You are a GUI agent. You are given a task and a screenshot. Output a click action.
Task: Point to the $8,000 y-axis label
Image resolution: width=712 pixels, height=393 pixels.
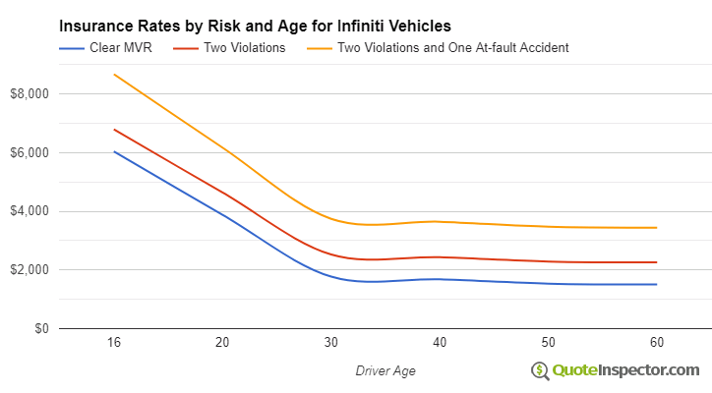coord(32,94)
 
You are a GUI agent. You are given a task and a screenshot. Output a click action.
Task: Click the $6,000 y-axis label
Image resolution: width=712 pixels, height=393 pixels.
coord(32,153)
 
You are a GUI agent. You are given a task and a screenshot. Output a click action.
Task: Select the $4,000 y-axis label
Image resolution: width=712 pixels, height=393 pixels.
coord(32,211)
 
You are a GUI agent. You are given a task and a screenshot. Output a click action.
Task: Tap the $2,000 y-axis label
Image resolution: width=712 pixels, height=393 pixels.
coord(32,270)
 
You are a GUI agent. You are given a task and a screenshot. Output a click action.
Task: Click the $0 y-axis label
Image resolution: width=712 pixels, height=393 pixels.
coord(42,329)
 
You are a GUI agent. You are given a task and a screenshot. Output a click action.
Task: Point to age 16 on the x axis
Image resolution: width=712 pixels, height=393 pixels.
coord(114,343)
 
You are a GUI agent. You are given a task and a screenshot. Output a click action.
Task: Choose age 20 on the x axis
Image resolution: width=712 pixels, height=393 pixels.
coord(222,343)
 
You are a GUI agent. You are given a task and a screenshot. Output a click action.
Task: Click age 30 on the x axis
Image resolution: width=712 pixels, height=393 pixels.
coord(331,343)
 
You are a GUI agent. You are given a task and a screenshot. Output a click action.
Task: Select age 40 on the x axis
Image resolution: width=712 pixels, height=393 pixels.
coord(440,343)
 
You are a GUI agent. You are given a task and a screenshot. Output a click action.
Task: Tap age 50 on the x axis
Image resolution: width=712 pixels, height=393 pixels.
coord(549,343)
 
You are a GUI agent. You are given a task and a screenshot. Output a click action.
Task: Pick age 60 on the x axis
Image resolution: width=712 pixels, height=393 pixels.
coord(657,343)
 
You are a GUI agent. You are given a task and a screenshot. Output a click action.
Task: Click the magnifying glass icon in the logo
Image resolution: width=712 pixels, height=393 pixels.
coord(540,370)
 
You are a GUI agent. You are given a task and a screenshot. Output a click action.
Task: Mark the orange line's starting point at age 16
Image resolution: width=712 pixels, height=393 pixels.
coord(114,75)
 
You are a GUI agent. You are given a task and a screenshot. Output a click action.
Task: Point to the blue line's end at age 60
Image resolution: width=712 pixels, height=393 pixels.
coord(657,284)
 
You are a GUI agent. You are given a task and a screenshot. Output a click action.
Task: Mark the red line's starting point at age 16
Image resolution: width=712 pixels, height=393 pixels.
coord(114,129)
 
